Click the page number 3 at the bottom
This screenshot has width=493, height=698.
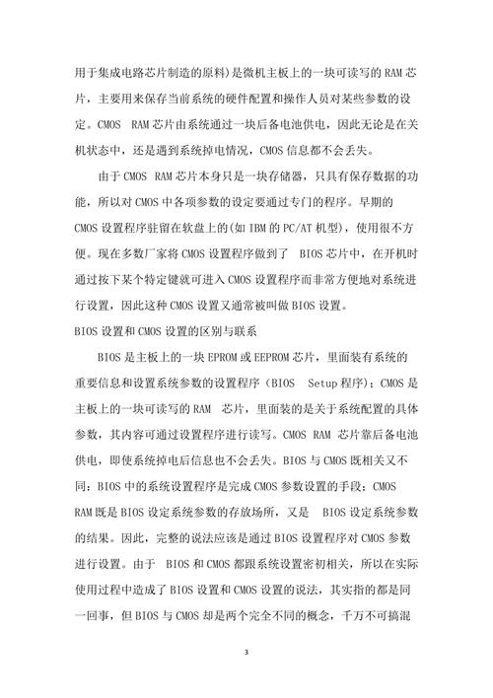247,651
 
